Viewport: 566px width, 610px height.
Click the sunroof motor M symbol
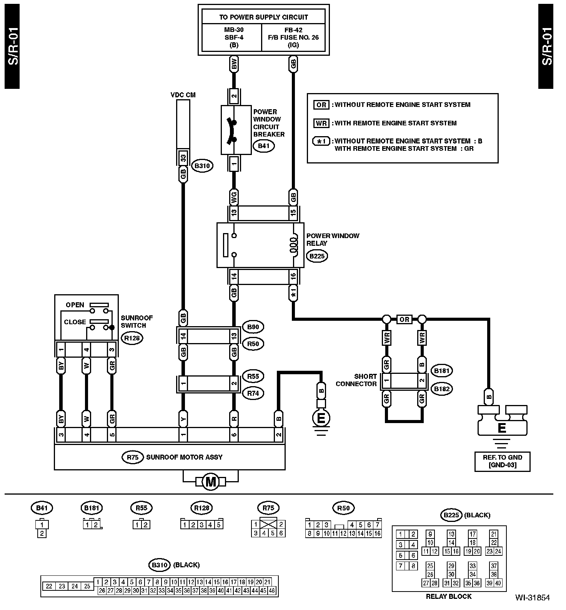pos(211,482)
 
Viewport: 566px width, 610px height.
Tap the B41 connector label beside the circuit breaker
pos(263,146)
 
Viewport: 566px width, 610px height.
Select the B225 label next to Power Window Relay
pos(317,256)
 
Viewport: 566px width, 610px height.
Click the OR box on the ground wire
pos(404,320)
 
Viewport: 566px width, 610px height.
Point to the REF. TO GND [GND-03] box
pos(502,461)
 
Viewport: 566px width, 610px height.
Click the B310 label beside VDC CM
pos(202,166)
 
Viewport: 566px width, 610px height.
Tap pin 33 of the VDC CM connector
pos(183,158)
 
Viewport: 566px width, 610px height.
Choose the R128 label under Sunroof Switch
pos(132,338)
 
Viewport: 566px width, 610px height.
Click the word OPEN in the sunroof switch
pos(75,305)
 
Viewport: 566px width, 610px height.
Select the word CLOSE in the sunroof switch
pos(75,322)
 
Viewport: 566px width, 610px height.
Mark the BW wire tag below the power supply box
pos(234,65)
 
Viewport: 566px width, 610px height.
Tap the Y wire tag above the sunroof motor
pos(183,418)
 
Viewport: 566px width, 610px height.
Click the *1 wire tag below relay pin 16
pos(293,294)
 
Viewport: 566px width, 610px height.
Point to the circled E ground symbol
pos(322,418)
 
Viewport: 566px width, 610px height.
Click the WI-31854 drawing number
pos(533,598)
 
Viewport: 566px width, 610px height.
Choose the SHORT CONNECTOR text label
pos(356,380)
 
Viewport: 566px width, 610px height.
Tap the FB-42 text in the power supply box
pos(293,30)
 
